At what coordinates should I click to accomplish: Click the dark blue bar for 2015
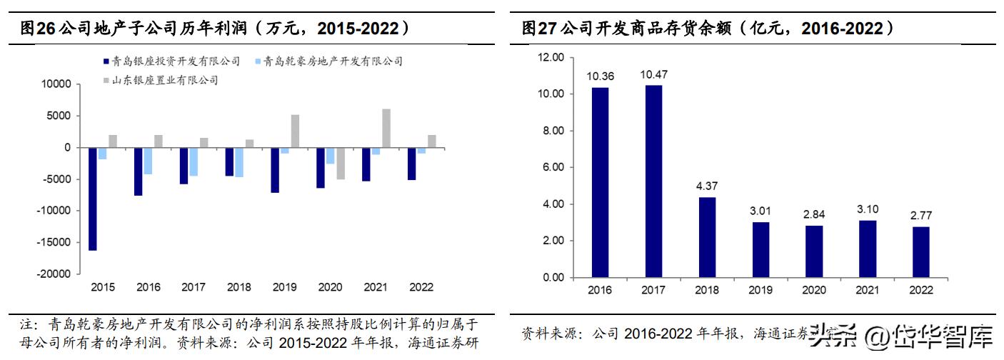[94, 199]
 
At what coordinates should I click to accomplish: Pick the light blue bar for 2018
[239, 162]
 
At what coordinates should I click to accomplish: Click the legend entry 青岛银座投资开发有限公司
[171, 61]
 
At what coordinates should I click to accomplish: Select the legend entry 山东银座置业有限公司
[159, 80]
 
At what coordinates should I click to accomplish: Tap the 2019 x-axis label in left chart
[284, 287]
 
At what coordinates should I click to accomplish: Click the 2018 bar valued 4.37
[707, 237]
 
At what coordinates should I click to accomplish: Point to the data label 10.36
[599, 76]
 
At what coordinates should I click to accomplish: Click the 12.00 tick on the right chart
[550, 57]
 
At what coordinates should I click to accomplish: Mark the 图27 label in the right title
[538, 29]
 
